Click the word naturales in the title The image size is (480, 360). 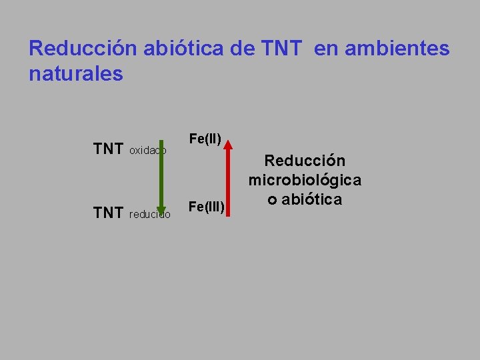coord(76,73)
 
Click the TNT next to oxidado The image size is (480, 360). coord(108,149)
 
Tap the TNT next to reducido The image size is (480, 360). coord(108,213)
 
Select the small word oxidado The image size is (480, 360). coord(147,151)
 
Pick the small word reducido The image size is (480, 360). coord(149,215)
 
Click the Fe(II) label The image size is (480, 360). coord(205,139)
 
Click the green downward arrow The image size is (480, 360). coord(160,177)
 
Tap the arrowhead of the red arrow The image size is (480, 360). coord(228,143)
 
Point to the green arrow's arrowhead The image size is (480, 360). coord(160,212)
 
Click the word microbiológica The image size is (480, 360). coord(305,180)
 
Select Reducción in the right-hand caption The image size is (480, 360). coord(305,161)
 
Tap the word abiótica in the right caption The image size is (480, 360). coord(311,199)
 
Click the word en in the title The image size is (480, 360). coord(325,49)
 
